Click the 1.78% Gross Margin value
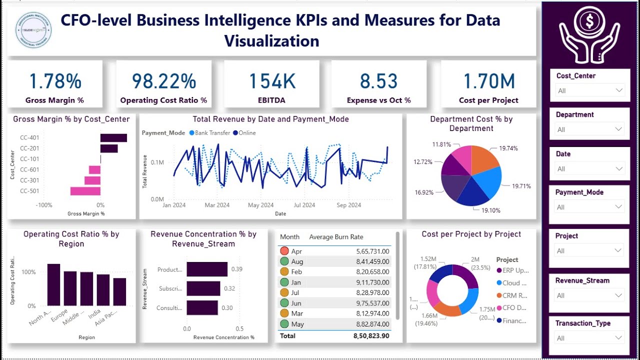tap(55, 81)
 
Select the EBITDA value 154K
tap(272, 81)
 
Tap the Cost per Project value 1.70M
tap(488, 81)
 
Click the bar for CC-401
tap(113, 138)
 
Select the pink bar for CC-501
tap(85, 191)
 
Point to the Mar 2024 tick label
tap(216, 205)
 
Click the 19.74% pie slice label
tap(508, 148)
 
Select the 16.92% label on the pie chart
tap(424, 191)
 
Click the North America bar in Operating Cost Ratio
tap(54, 284)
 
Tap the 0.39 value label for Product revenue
tap(236, 269)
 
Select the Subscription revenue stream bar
tap(203, 288)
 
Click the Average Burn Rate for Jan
tap(372, 282)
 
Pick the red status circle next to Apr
tap(284, 251)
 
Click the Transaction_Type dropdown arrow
tap(619, 338)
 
